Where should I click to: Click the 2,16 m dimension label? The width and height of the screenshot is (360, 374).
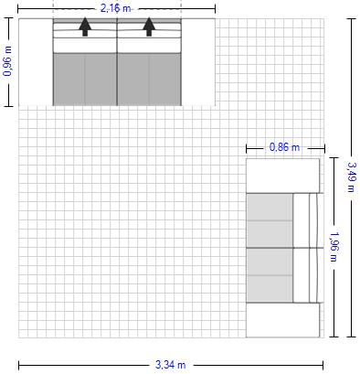pyautogui.click(x=115, y=8)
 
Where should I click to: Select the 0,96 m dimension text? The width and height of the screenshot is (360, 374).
pyautogui.click(x=7, y=61)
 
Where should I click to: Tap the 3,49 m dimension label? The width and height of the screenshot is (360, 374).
pyautogui.click(x=351, y=176)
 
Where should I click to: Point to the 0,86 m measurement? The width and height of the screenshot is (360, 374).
pyautogui.click(x=284, y=147)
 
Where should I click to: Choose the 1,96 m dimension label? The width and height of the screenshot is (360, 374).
pyautogui.click(x=334, y=247)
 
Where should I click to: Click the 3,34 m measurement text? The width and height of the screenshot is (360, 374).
pyautogui.click(x=171, y=365)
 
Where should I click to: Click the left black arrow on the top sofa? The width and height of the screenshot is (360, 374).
pyautogui.click(x=85, y=27)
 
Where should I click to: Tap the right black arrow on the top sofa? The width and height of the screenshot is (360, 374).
pyautogui.click(x=149, y=27)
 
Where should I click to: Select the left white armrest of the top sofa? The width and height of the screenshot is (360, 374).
pyautogui.click(x=36, y=62)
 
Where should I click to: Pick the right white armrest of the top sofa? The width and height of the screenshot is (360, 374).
pyautogui.click(x=198, y=62)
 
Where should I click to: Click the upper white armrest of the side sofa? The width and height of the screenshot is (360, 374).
pyautogui.click(x=282, y=176)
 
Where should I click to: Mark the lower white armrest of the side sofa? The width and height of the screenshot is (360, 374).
pyautogui.click(x=282, y=320)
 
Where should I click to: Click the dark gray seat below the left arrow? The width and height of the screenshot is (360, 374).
pyautogui.click(x=85, y=80)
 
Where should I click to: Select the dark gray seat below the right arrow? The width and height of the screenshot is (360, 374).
pyautogui.click(x=149, y=80)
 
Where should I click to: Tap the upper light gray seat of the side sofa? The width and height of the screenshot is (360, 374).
pyautogui.click(x=270, y=220)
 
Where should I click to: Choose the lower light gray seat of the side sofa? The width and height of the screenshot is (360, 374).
pyautogui.click(x=270, y=275)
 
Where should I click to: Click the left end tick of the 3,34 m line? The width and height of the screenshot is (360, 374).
pyautogui.click(x=19, y=365)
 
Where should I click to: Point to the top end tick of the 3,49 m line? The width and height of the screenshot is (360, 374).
pyautogui.click(x=351, y=19)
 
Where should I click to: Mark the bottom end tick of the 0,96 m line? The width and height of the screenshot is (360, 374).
pyautogui.click(x=8, y=106)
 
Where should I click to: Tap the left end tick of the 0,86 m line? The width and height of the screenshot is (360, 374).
pyautogui.click(x=247, y=148)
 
